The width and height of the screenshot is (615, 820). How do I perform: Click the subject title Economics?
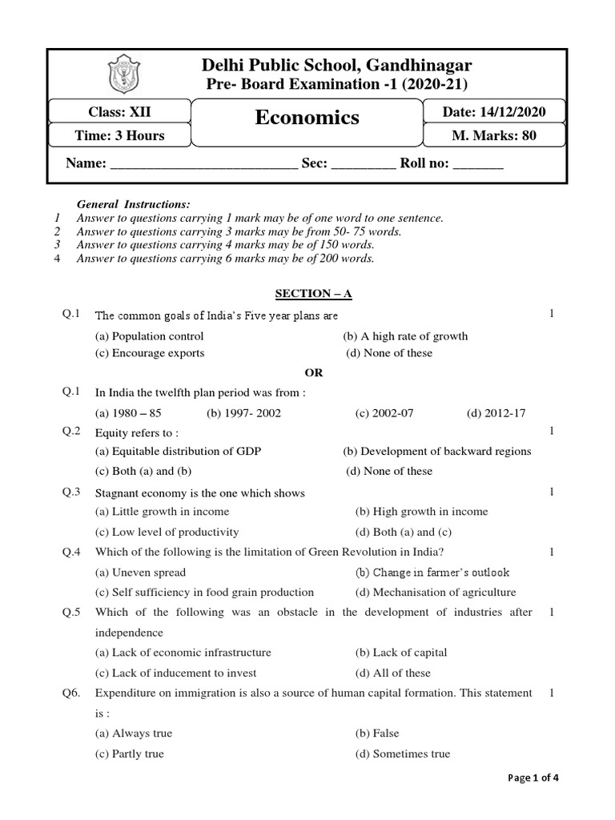tap(307, 118)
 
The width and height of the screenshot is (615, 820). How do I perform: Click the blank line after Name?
tap(203, 164)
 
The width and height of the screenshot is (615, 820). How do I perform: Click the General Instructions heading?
tap(133, 205)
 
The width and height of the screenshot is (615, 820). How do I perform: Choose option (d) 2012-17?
tap(496, 413)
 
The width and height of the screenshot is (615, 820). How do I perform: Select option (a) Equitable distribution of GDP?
tap(178, 452)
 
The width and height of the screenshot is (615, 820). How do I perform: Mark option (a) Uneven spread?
tap(140, 573)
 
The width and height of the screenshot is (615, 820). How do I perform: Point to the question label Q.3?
tap(72, 492)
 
